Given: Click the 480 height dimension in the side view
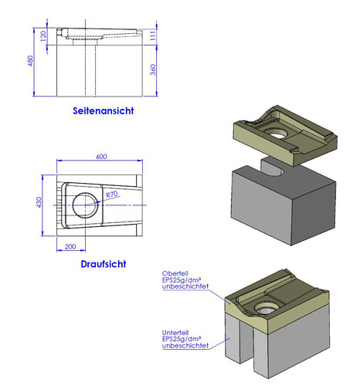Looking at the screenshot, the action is coord(30,61).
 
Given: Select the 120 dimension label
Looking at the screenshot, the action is coord(43,36).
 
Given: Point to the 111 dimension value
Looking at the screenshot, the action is coord(153,36).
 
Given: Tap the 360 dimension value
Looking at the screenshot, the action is coord(153,69).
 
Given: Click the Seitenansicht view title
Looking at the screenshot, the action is coord(104,111).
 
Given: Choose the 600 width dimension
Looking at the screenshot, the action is coord(101,157).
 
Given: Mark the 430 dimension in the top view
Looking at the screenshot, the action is coord(39,202).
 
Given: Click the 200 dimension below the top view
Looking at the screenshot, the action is coord(70,246).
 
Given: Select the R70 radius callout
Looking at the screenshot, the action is coord(112,194).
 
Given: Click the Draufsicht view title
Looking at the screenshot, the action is coord(104,264).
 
